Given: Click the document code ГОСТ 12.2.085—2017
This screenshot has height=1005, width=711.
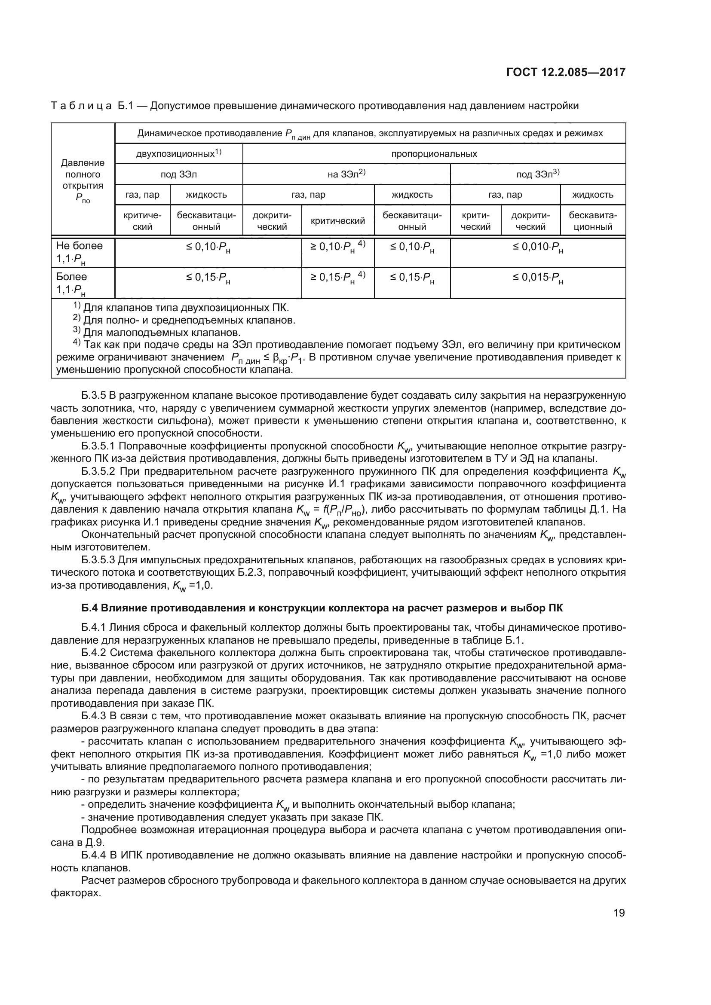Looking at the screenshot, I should [566, 72].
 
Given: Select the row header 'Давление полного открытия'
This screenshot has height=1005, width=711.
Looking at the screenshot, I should [83, 180].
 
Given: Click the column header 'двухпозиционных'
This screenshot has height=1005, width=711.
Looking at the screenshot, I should [179, 154].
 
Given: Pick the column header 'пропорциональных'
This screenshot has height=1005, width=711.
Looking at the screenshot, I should [434, 154].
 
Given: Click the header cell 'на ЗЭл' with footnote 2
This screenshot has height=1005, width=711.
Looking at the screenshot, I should [346, 174].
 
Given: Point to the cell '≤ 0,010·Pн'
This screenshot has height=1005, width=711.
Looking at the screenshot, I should [538, 247].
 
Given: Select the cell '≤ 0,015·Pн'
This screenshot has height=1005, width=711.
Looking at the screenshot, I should [538, 278].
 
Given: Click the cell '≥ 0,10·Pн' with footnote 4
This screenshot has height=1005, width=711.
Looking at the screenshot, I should [337, 247].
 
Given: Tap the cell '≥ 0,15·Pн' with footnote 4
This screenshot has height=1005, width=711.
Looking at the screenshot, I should [337, 278].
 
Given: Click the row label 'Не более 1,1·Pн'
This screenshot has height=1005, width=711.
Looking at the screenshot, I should [79, 253].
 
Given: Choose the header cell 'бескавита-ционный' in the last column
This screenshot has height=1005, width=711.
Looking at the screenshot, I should [593, 221].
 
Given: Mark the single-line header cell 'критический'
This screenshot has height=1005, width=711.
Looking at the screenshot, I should [337, 221].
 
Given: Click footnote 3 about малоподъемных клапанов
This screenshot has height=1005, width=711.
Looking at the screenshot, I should [158, 332].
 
